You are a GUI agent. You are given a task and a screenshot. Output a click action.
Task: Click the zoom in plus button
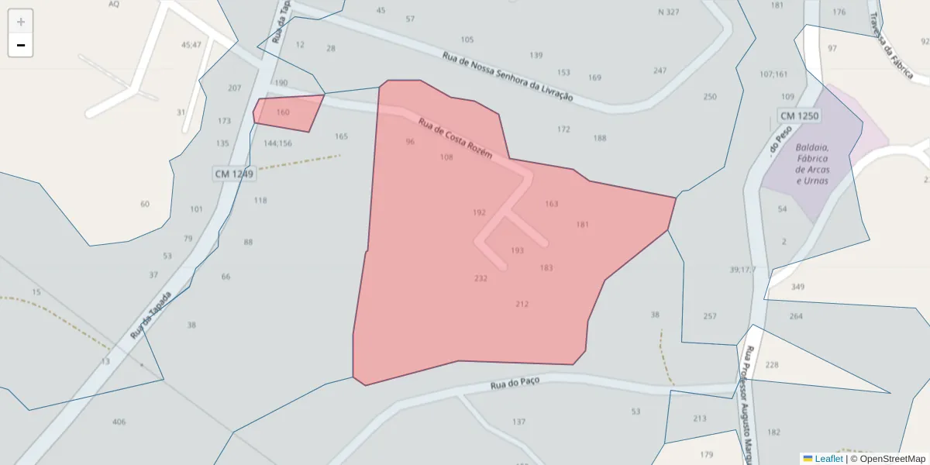coord(21,22)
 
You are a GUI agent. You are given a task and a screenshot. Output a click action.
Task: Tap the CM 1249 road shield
coord(233,174)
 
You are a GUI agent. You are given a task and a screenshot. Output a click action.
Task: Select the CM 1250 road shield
coord(798,116)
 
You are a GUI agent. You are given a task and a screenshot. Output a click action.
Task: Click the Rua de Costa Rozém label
coord(456,139)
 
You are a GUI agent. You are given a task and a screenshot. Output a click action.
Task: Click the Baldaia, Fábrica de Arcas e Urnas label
coord(812,164)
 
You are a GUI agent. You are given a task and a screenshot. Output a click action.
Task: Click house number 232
coord(480,278)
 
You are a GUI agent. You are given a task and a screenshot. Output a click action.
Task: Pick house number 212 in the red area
coord(522,304)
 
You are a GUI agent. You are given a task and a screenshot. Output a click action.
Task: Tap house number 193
coord(517,250)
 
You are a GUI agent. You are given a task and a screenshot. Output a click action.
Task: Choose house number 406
coord(119,422)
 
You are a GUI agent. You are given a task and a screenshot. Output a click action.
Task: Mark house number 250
coord(710,97)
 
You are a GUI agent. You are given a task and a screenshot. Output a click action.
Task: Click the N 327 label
coord(668,12)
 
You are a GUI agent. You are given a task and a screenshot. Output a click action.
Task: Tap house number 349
coord(798,288)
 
